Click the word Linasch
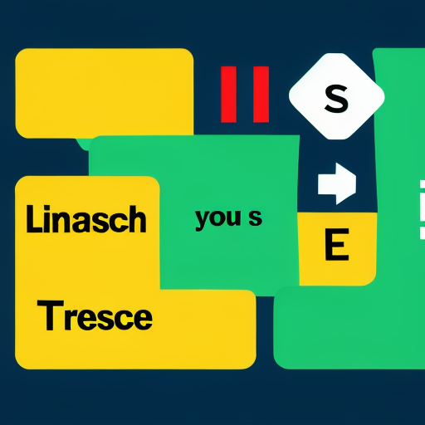pos(86,219)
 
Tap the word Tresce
pos(95,315)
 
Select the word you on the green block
pos(217,219)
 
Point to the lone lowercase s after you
pos(255,218)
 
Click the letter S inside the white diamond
pos(336,99)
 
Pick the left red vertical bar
pos(228,95)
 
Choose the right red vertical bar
pos(261,95)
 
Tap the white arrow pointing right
pos(337,183)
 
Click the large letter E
pos(336,245)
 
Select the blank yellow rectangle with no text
pos(105,93)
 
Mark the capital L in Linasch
pos(32,219)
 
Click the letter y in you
pos(203,221)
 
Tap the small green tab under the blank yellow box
pos(83,144)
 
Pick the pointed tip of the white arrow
pos(356,183)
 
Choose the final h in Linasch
pos(139,219)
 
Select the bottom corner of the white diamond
pos(337,139)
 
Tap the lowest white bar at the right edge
pos(423,233)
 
